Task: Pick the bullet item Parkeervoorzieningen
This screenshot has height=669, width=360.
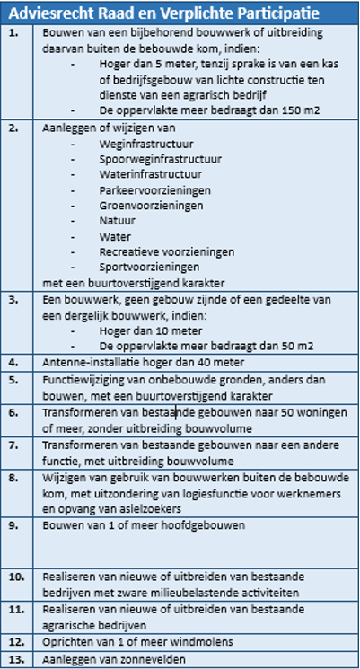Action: [155, 189]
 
